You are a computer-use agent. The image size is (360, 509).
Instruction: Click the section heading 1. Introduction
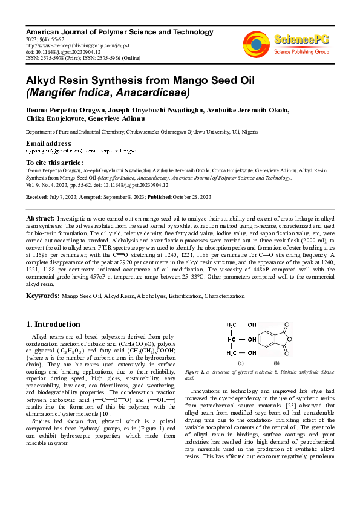point(54,324)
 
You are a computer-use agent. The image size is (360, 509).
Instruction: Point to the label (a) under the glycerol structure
point(241,363)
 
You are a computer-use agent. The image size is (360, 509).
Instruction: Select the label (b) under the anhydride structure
point(277,363)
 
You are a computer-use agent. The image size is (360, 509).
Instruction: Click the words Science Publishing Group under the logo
point(301,51)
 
